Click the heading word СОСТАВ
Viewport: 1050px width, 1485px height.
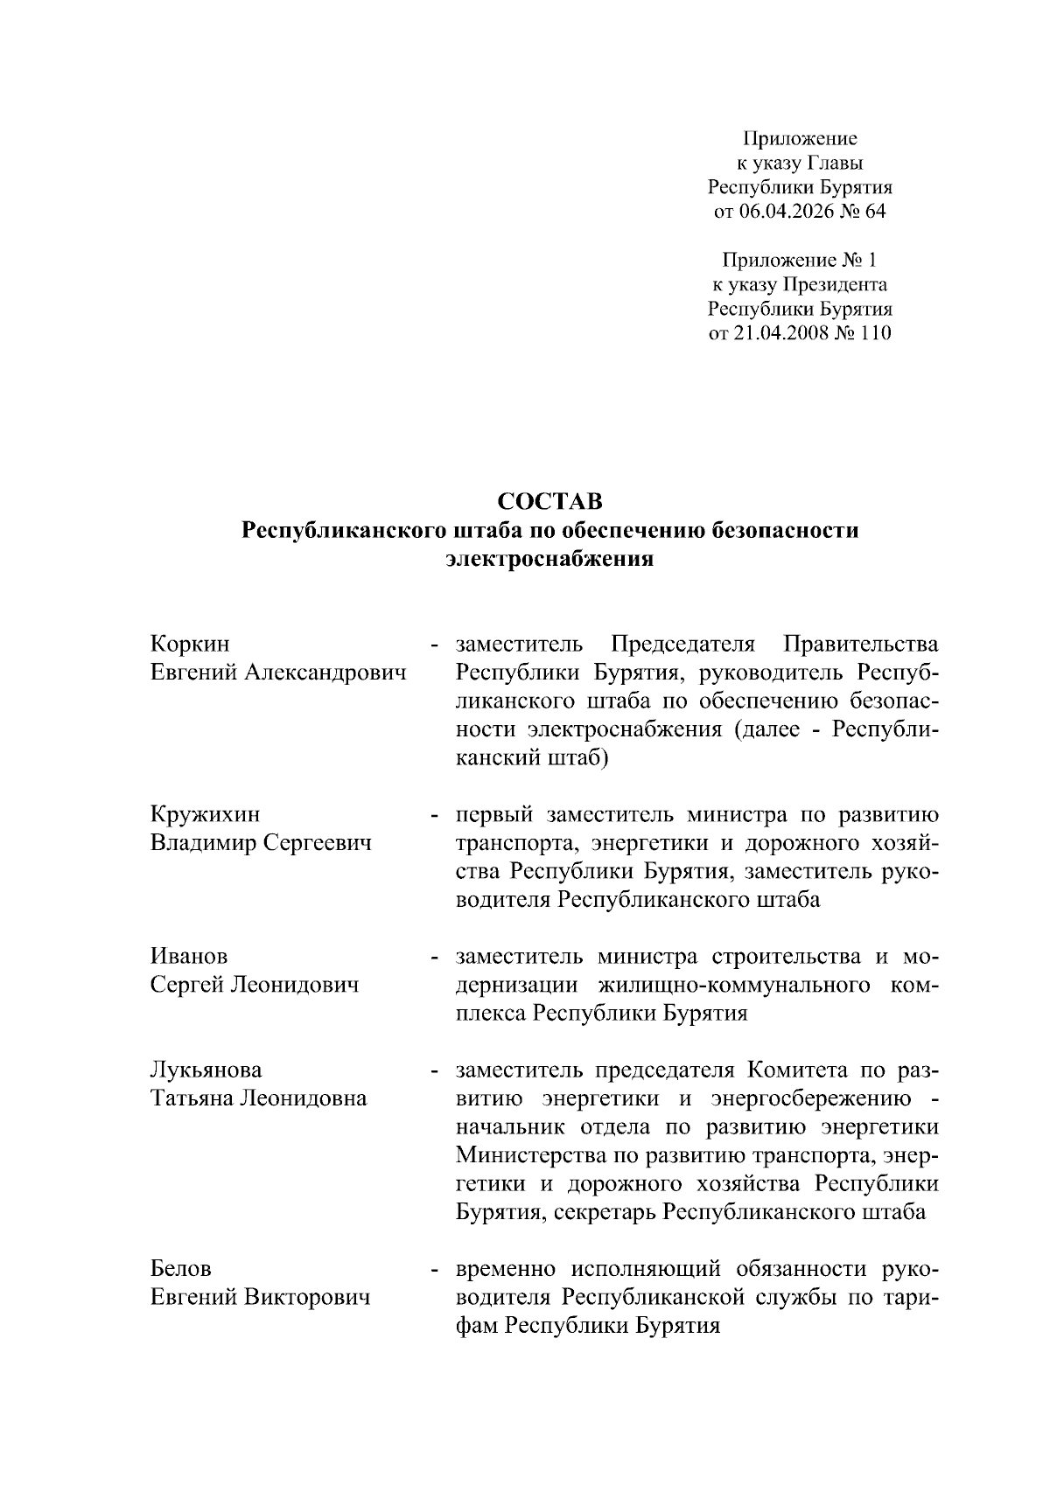549,501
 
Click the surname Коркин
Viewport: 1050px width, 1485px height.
190,645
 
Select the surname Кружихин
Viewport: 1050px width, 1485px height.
206,815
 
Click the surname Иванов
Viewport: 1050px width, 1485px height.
189,957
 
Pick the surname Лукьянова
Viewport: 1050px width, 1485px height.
206,1070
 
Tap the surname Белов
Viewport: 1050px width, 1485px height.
181,1269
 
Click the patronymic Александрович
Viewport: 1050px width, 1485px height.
325,673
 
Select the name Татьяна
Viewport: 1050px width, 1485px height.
193,1098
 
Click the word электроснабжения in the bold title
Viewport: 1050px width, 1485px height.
549,560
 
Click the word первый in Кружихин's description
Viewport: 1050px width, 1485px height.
493,815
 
